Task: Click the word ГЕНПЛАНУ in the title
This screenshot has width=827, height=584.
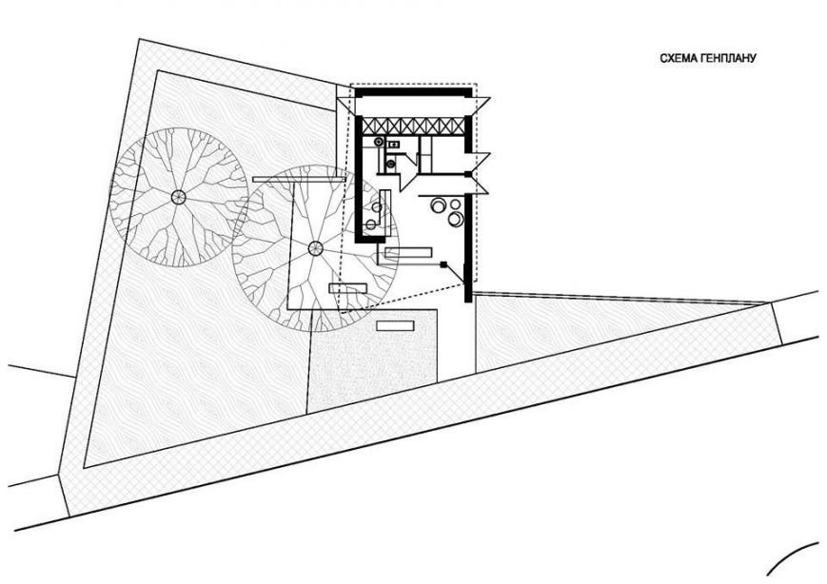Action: [727, 58]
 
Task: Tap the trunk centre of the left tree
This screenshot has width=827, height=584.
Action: [179, 197]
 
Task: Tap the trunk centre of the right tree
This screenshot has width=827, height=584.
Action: [315, 247]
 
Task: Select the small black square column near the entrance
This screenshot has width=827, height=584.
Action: [444, 264]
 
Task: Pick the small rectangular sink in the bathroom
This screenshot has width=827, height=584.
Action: [393, 144]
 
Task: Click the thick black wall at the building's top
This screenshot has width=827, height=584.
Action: [413, 92]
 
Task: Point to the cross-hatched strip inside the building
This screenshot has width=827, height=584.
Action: [413, 126]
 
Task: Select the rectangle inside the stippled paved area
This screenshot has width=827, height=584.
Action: [395, 325]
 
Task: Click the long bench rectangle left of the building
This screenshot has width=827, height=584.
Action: [299, 179]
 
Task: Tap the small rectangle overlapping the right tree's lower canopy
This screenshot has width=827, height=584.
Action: [347, 288]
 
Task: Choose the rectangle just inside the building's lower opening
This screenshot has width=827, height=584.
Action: [409, 252]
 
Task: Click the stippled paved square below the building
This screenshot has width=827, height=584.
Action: [372, 360]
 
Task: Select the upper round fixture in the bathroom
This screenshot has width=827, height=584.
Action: [379, 142]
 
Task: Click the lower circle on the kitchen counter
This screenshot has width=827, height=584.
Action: [371, 224]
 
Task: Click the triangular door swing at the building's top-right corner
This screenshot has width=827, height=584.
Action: [481, 106]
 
